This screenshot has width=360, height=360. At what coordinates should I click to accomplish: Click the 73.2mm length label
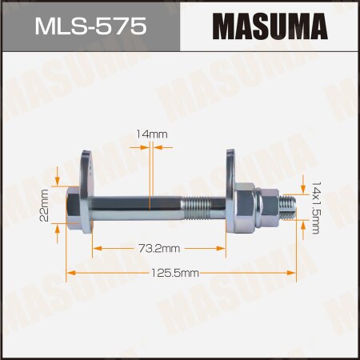click(158, 250)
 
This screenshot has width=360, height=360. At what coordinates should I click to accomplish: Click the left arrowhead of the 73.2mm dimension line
click(97, 250)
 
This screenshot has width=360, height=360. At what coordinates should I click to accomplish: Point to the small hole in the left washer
click(90, 168)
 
